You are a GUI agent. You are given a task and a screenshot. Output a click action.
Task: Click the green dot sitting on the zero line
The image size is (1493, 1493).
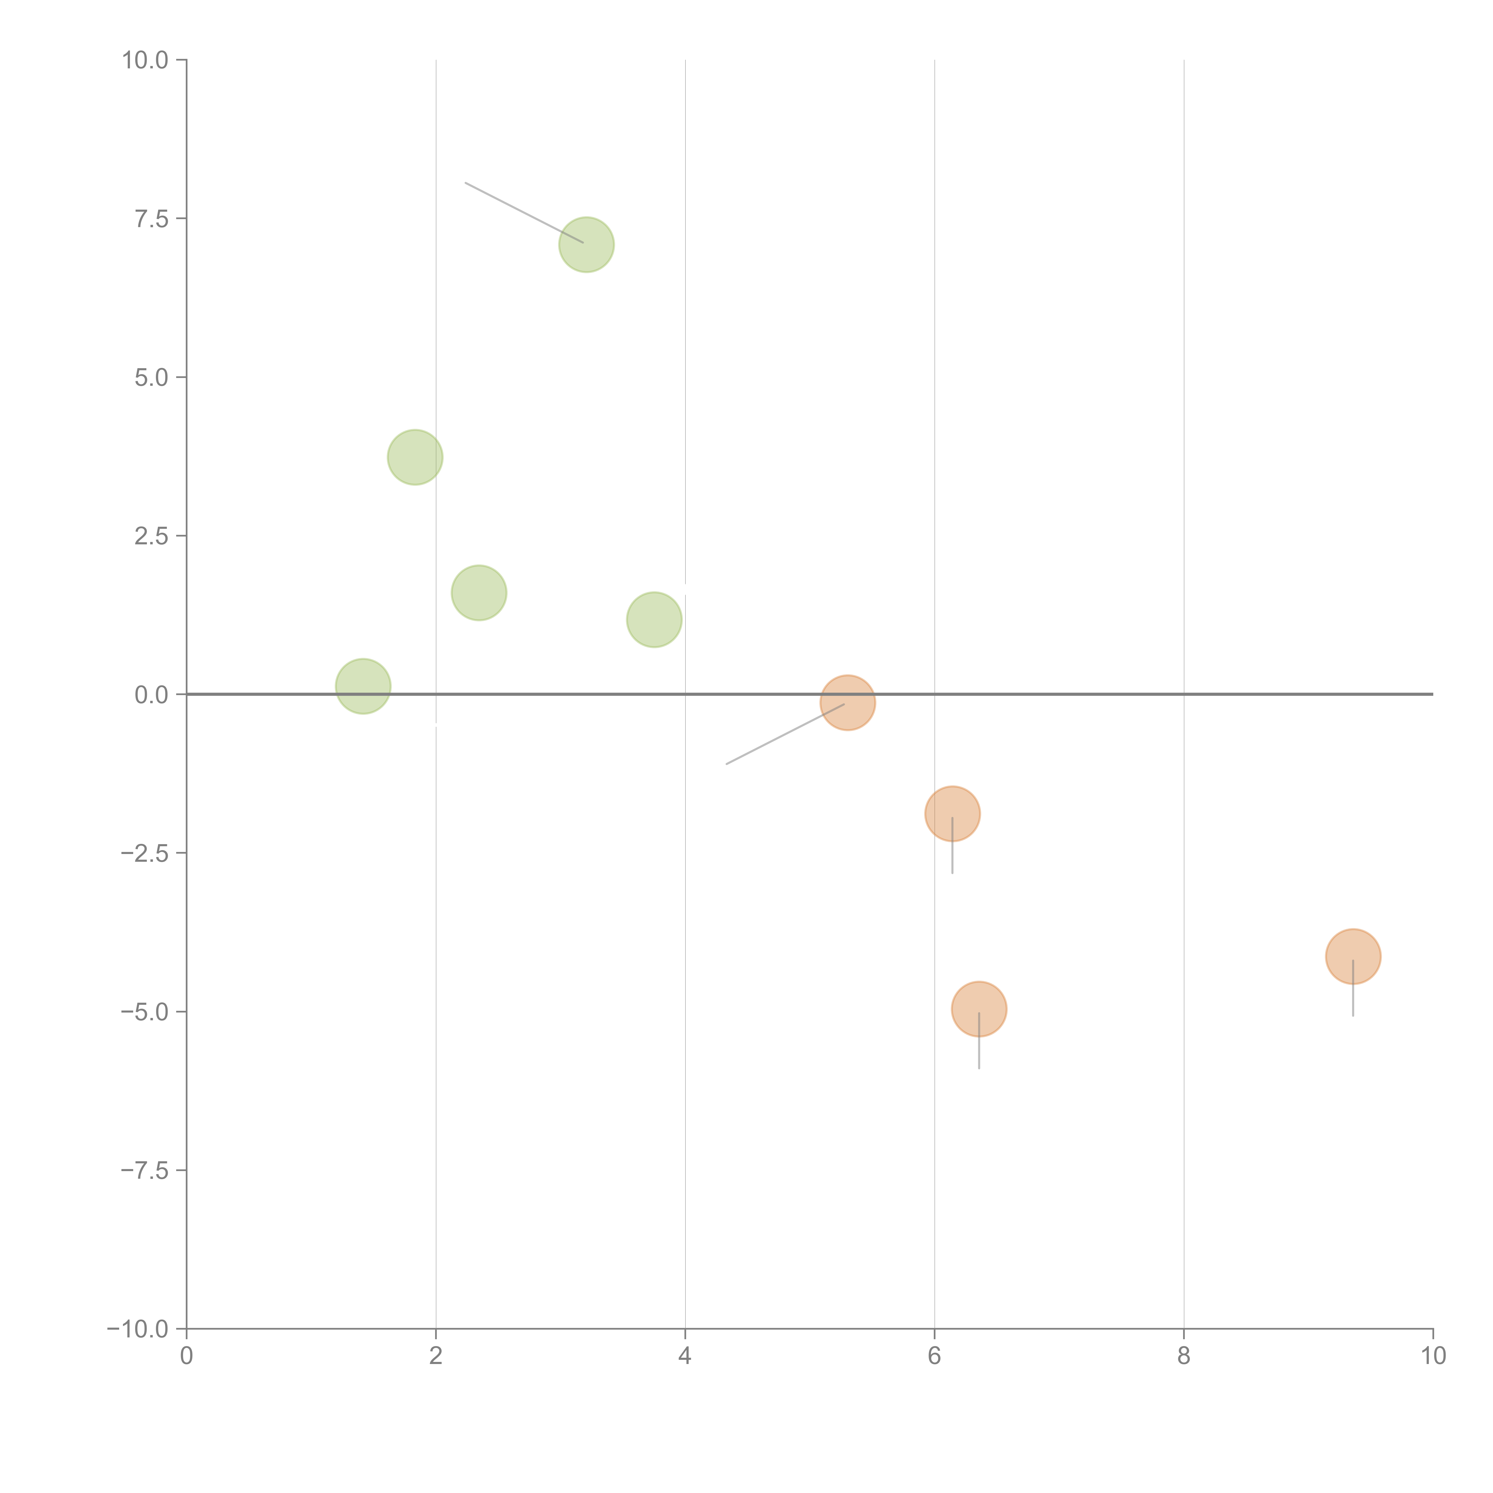point(363,686)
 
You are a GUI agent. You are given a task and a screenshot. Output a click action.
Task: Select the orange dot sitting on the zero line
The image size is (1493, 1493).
point(848,702)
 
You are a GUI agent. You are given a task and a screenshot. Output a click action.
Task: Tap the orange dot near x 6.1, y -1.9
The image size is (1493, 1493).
point(952,814)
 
